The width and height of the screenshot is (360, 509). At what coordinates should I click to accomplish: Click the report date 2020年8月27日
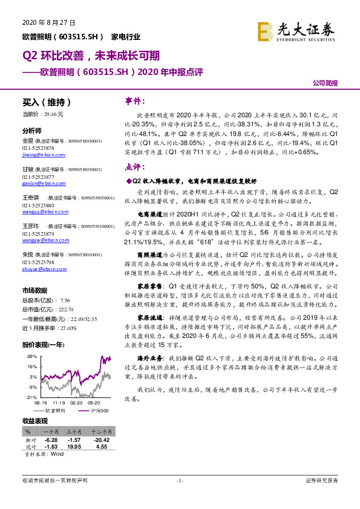[x=48, y=23]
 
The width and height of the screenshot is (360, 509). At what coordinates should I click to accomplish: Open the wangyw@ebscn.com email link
[x=44, y=239]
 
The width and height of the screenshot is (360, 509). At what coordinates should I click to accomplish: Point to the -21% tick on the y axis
[x=29, y=397]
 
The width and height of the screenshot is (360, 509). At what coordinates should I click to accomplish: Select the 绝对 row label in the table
[x=30, y=446]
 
